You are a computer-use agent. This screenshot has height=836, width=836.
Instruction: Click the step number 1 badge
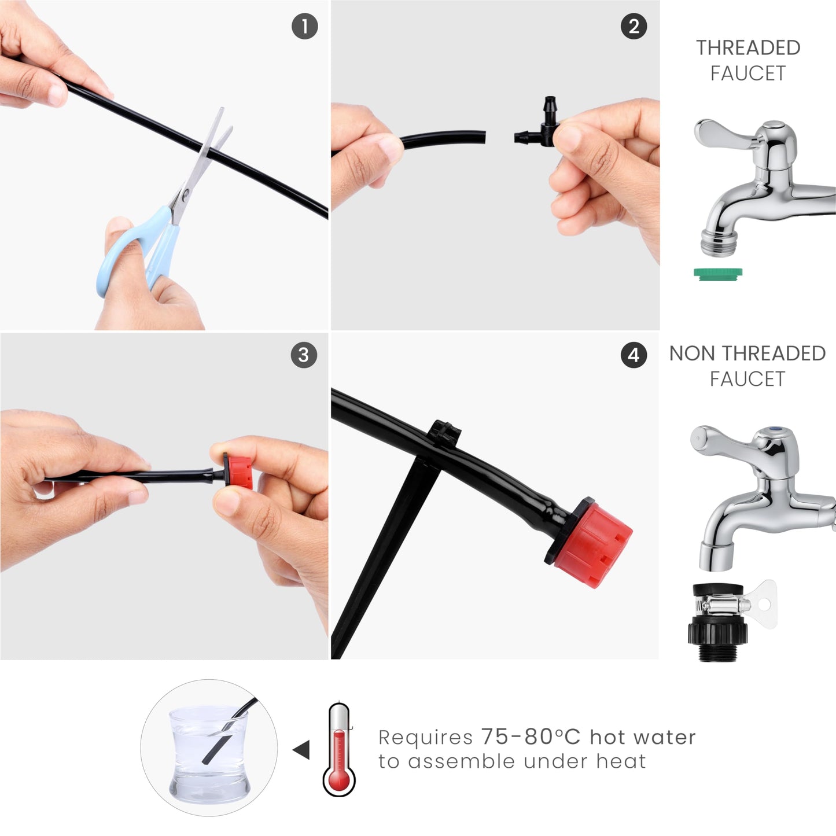click(304, 26)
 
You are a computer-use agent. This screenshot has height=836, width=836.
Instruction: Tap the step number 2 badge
click(634, 27)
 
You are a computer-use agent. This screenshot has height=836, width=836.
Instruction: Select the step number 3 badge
click(304, 355)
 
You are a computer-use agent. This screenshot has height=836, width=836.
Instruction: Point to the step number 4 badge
click(634, 355)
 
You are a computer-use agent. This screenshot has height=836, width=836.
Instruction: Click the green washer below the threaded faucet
click(717, 274)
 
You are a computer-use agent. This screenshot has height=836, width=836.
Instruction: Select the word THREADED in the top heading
click(749, 47)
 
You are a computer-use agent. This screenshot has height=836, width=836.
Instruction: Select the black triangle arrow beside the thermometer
click(301, 750)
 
